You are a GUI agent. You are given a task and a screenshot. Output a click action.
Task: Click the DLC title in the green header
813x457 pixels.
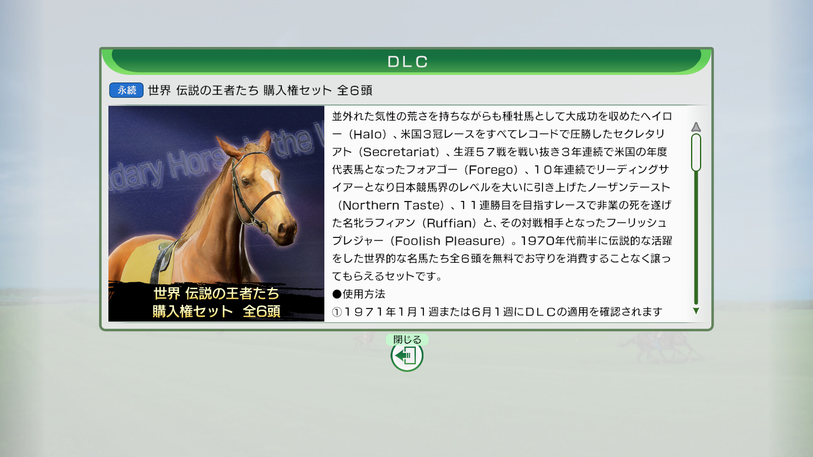tap(407, 62)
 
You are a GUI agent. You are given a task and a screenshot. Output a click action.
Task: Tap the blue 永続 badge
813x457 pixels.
tap(126, 90)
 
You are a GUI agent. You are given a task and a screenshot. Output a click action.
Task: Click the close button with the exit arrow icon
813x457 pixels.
tap(407, 355)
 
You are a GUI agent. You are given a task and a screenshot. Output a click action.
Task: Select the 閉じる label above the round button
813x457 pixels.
tap(407, 339)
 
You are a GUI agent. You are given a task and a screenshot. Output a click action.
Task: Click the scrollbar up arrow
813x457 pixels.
tap(696, 127)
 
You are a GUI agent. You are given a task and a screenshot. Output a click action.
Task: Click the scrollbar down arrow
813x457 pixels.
tap(696, 311)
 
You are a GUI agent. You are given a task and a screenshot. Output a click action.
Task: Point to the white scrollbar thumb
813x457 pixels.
tap(696, 152)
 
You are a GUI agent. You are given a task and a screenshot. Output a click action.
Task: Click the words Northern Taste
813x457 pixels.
tap(391, 205)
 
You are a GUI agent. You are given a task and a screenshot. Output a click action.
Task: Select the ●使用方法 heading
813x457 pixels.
tap(359, 294)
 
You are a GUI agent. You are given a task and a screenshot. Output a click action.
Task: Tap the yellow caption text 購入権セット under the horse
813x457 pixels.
tap(193, 311)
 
